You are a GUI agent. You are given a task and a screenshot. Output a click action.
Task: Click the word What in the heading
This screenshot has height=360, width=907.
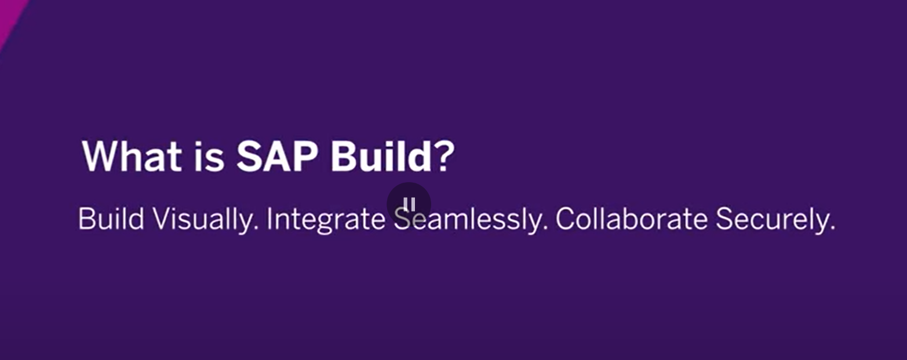[132, 157]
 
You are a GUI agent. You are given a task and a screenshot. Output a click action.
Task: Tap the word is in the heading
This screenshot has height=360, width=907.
[209, 157]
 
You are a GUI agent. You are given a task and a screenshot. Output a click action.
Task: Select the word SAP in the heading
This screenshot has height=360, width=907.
[277, 157]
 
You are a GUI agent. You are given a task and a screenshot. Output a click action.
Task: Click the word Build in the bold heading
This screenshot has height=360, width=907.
[381, 157]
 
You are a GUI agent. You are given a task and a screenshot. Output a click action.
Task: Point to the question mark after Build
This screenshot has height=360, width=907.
[445, 157]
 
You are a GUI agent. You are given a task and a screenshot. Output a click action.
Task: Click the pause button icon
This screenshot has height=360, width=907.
[409, 204]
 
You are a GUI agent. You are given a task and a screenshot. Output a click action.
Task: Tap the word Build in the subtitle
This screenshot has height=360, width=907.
[111, 219]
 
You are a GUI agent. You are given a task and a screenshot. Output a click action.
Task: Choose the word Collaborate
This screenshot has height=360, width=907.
[632, 219]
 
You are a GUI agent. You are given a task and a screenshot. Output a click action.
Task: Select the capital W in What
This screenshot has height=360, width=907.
[103, 157]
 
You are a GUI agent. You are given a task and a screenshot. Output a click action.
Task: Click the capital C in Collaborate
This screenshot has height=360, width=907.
[567, 219]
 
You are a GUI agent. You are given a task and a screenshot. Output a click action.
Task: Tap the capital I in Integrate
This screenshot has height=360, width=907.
[269, 219]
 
